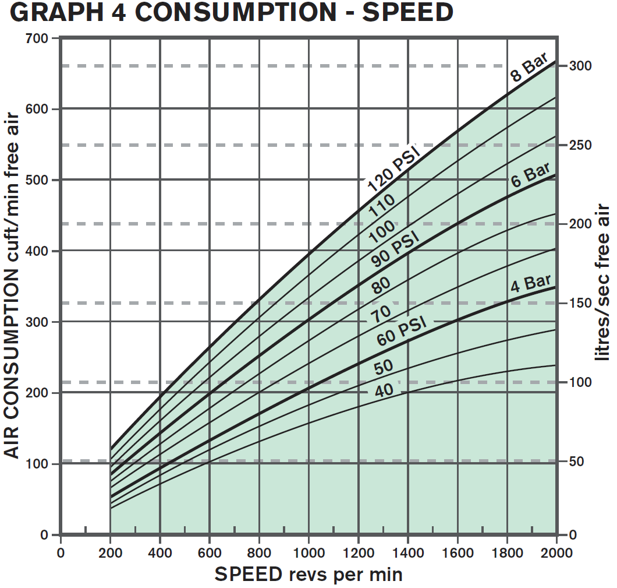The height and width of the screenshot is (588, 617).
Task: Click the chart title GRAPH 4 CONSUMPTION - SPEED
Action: coord(232,13)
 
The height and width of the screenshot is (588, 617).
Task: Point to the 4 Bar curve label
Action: coord(531,284)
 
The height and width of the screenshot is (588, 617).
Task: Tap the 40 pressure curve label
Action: coord(384,390)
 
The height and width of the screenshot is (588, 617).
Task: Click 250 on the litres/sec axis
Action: coord(580,145)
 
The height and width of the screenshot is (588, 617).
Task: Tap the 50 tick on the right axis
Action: coord(576,462)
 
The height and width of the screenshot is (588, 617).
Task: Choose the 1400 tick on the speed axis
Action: coord(407,552)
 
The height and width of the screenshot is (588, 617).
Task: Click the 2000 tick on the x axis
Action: coord(556,552)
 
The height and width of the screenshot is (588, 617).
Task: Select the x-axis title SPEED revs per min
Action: coord(308,575)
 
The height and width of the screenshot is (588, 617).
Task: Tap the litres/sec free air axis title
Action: coord(604,282)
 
